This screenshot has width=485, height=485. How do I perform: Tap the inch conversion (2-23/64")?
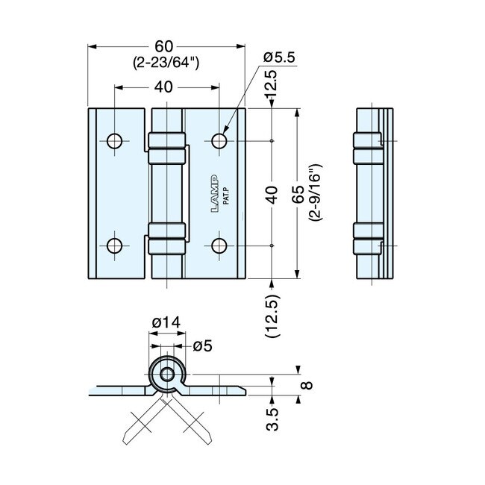click(166, 63)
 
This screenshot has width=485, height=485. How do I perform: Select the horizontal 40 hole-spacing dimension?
click(166, 87)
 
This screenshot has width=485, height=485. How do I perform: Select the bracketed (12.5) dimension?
click(272, 316)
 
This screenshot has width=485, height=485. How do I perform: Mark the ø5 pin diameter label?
click(203, 345)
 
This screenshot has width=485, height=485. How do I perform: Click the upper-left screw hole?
click(114, 141)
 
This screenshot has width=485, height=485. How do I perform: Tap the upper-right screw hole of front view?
click(219, 141)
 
